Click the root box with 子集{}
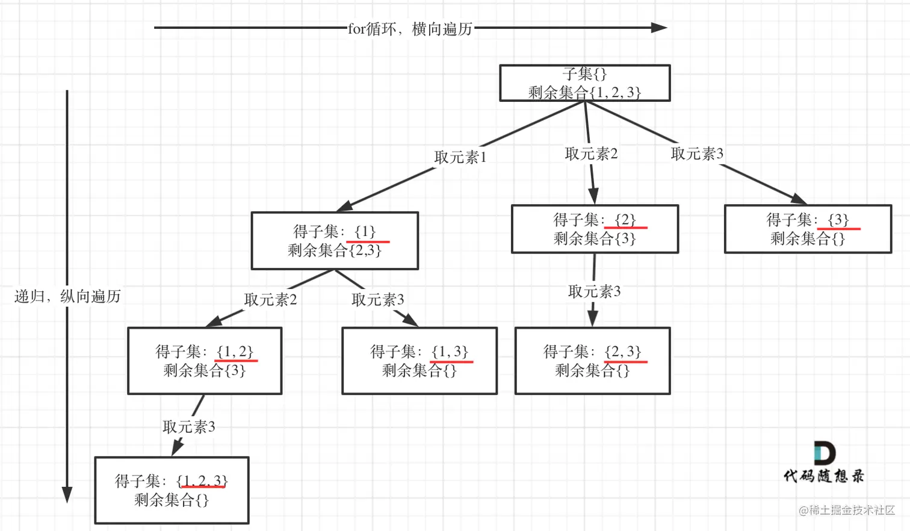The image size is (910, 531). click(584, 83)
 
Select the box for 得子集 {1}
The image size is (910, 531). click(335, 241)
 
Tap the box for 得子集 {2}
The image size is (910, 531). click(595, 229)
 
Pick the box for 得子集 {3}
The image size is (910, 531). click(808, 229)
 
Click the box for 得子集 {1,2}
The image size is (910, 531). click(205, 361)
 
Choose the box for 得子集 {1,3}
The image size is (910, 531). click(419, 361)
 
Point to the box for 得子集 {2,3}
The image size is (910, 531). click(592, 361)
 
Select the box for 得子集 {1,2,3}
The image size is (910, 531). click(172, 490)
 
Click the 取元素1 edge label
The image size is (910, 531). click(460, 157)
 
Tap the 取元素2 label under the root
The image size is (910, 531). click(591, 154)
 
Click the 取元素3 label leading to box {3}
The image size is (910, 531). click(697, 154)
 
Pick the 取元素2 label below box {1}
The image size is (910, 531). click(270, 300)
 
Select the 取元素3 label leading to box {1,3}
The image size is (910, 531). click(378, 300)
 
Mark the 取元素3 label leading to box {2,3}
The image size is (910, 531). click(594, 292)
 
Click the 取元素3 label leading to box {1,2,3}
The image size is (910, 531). click(188, 427)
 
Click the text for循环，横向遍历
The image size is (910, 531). click(410, 28)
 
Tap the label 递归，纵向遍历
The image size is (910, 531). click(67, 296)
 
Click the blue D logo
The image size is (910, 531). click(824, 453)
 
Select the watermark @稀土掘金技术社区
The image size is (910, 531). click(846, 510)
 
